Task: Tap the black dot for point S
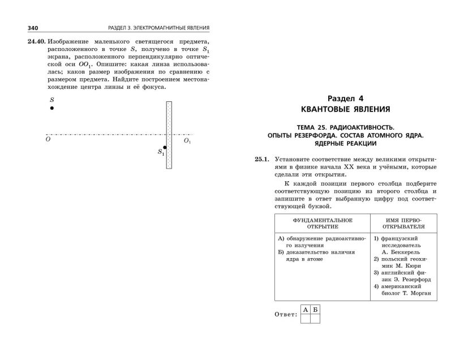51,108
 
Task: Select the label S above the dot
52,99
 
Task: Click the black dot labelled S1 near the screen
165,147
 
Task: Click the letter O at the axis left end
48,139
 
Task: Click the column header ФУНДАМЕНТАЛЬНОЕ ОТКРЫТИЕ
322,223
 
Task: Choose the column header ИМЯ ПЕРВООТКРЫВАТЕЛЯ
403,223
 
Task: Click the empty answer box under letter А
305,318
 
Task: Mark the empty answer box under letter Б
315,318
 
